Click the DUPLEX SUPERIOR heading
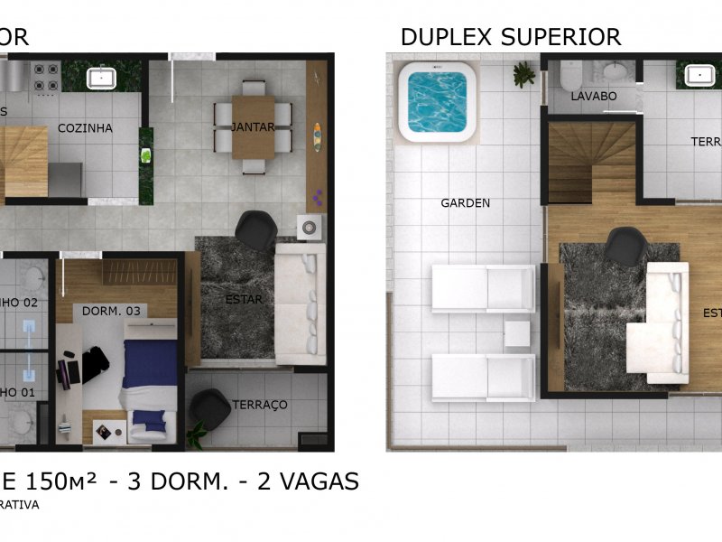tap(510, 37)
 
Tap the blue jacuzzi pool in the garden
tap(438, 100)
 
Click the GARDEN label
tap(466, 203)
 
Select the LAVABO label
tap(593, 96)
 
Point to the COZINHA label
tap(86, 128)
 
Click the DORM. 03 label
tap(112, 311)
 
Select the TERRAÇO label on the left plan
tap(260, 405)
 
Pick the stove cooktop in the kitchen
tap(44, 78)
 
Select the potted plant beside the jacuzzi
tap(523, 75)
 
